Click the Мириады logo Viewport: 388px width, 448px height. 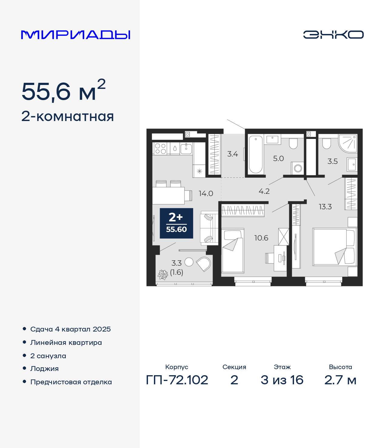point(75,35)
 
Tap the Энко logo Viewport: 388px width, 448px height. point(333,35)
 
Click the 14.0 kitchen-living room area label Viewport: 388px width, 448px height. point(206,193)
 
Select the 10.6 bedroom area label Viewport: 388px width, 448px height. point(261,238)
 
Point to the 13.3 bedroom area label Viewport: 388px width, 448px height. point(325,207)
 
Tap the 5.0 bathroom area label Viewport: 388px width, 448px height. point(278,158)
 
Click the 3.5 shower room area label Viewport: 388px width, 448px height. point(333,161)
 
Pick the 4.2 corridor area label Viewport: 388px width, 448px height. point(264,191)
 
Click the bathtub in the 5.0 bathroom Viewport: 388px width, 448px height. point(256,154)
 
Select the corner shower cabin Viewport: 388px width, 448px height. point(348,143)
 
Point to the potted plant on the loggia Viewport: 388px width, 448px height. point(163,275)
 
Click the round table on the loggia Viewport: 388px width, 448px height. point(189,262)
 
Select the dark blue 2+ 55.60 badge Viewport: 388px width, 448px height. point(176,223)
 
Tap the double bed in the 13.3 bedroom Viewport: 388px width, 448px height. point(335,247)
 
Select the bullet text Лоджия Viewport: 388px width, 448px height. point(45,369)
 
